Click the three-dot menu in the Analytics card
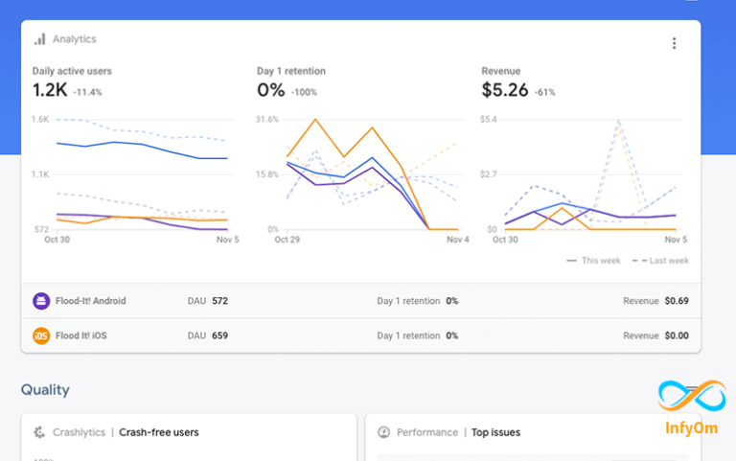(x=675, y=43)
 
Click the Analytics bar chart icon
(x=39, y=39)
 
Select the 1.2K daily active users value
(x=48, y=90)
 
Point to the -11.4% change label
(x=87, y=92)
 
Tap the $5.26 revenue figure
(x=504, y=90)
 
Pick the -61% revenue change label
(x=544, y=92)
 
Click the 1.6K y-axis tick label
(x=40, y=120)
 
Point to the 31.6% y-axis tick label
(x=267, y=120)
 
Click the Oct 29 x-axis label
(x=287, y=240)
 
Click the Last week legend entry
(x=664, y=261)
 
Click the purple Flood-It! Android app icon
(x=41, y=301)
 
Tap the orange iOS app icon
(x=41, y=336)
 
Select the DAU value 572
(x=219, y=301)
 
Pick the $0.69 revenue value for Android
(x=677, y=301)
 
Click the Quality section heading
(x=45, y=390)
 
